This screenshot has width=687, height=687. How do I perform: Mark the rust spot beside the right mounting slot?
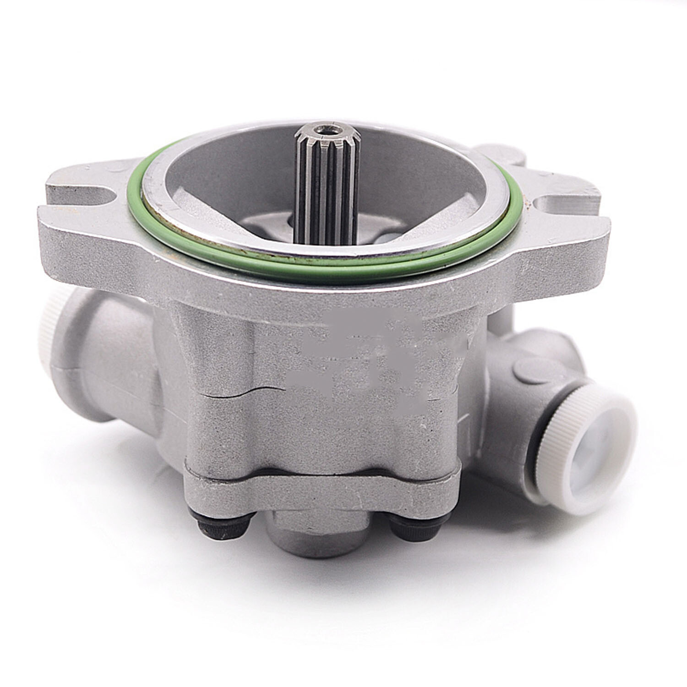coord(531,202)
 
